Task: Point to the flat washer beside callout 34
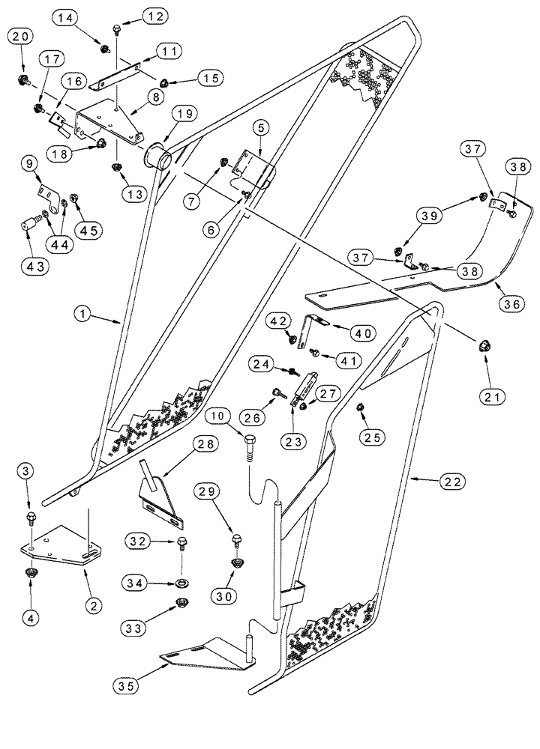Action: click(182, 582)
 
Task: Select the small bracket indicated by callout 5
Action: click(249, 166)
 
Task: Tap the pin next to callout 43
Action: click(33, 222)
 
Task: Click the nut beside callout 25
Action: click(359, 407)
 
